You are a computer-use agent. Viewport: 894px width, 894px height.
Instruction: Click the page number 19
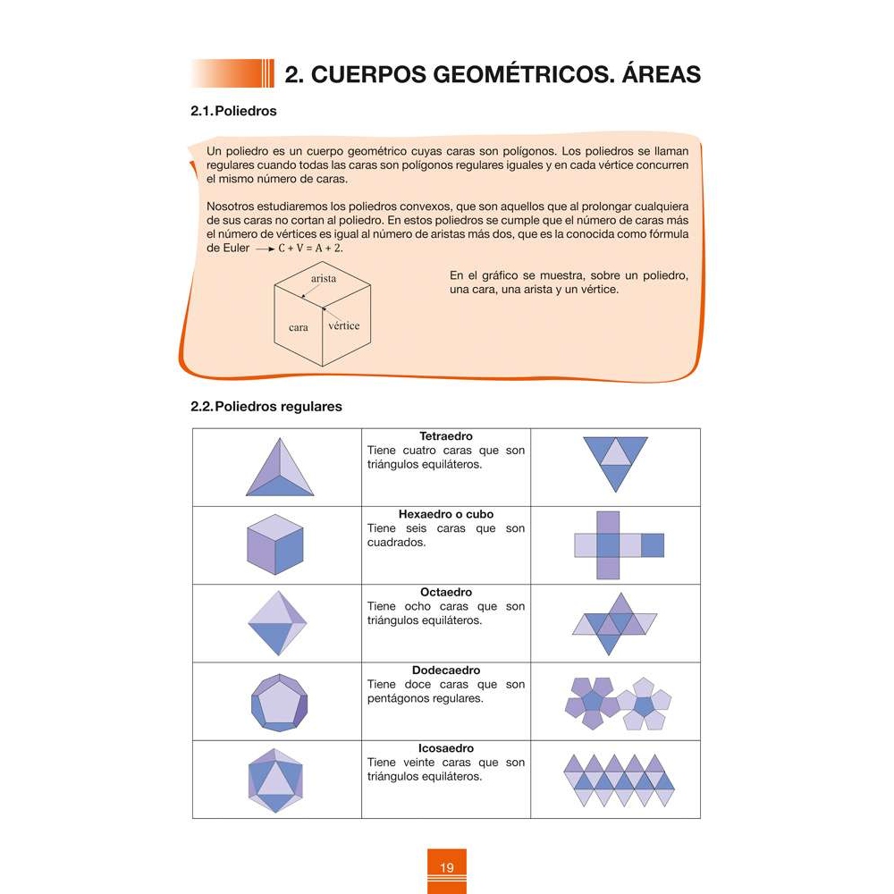447,868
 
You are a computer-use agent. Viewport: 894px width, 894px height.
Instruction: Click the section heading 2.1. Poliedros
234,112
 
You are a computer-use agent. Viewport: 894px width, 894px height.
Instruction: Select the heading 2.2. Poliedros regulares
266,406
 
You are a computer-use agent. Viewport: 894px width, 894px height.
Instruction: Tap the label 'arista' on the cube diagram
324,279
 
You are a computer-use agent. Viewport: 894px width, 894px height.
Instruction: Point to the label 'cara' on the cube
299,328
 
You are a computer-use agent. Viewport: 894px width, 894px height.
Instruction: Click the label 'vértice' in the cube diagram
344,325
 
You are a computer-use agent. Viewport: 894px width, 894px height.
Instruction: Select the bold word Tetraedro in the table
446,436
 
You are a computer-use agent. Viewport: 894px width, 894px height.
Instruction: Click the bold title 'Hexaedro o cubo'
446,515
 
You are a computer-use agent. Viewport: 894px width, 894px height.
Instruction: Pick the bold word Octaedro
446,593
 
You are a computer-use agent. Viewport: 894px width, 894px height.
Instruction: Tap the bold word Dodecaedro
446,670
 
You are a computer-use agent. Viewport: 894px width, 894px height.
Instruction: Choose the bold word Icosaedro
446,748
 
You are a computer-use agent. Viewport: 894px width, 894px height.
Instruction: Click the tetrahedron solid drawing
279,469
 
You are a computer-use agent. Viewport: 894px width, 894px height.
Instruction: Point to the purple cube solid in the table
276,545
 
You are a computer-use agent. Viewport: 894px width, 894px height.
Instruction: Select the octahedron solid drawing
276,624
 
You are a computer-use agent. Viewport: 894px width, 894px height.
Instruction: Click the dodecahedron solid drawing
279,702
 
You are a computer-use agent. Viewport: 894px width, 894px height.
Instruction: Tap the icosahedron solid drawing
276,780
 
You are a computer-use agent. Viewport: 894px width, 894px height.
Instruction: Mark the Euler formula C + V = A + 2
310,248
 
